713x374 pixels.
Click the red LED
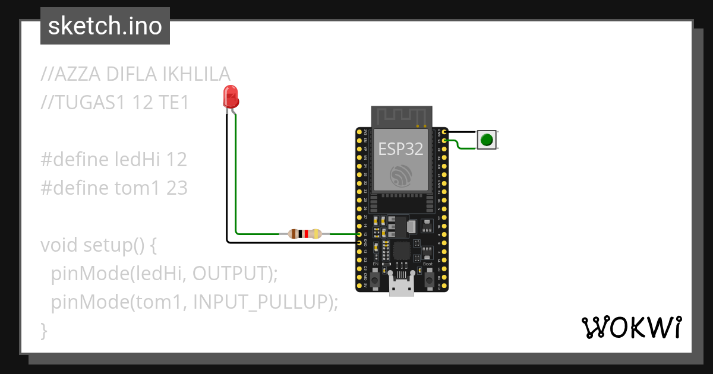pyautogui.click(x=231, y=97)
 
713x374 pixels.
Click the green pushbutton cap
pyautogui.click(x=487, y=140)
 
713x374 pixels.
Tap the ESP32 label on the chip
pyautogui.click(x=400, y=149)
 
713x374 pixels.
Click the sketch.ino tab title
pyautogui.click(x=105, y=26)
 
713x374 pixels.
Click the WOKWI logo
pyautogui.click(x=630, y=327)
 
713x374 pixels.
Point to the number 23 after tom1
pyautogui.click(x=176, y=188)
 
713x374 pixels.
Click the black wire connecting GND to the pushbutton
pyautogui.click(x=462, y=132)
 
